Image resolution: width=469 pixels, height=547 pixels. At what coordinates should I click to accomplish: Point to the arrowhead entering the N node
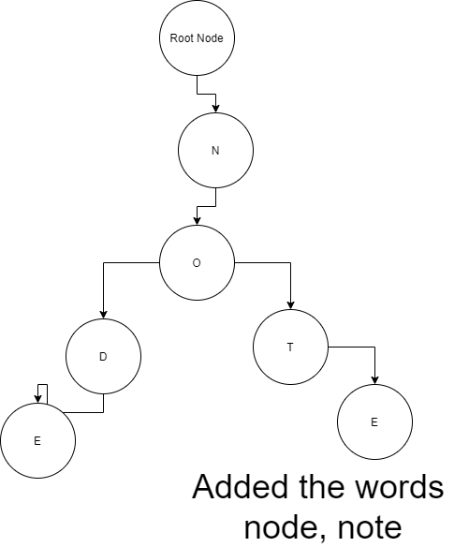(215, 108)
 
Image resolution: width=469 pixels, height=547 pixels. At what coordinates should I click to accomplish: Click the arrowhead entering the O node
(197, 220)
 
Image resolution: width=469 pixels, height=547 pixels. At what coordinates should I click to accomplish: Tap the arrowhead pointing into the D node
(103, 315)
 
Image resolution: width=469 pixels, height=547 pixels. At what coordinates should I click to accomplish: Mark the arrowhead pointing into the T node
(290, 305)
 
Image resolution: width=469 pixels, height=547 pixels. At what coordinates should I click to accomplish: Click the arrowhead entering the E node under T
(374, 380)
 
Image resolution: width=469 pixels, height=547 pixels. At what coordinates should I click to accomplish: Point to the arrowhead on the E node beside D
(38, 399)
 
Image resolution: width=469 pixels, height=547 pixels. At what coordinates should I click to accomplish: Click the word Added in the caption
(242, 487)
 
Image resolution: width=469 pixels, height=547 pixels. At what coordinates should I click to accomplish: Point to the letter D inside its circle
(103, 357)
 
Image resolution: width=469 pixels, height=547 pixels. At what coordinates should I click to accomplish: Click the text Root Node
(197, 38)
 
